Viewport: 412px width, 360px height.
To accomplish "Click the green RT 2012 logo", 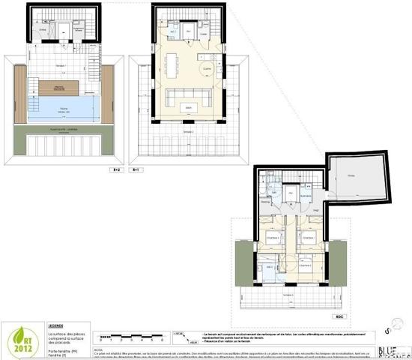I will pos(19,338).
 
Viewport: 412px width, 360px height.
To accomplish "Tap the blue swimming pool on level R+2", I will pos(63,109).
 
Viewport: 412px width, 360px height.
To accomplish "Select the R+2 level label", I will pos(116,170).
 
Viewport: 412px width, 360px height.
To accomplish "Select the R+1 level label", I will pos(136,170).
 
